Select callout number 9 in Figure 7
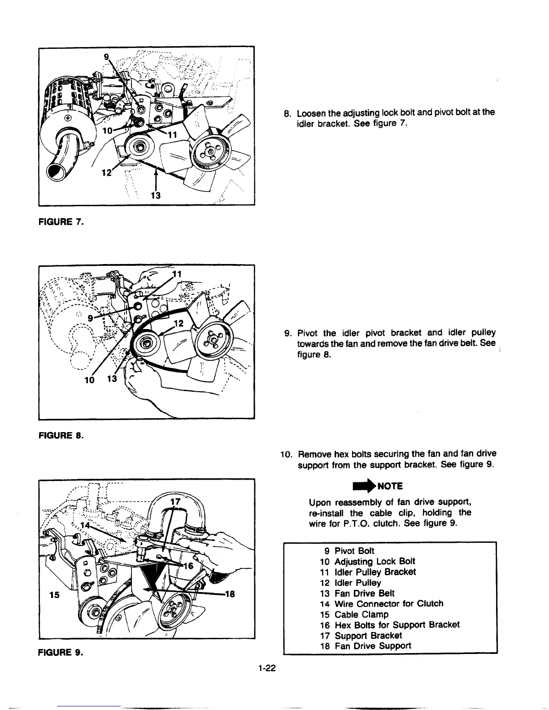(106, 57)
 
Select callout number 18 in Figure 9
(230, 594)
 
